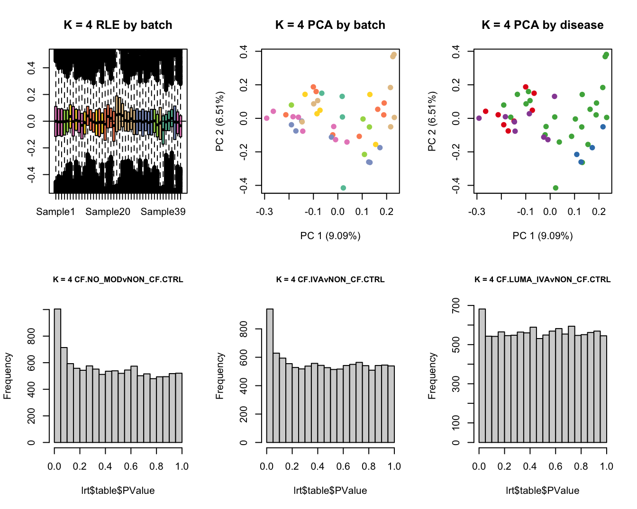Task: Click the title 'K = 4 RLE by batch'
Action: [118, 25]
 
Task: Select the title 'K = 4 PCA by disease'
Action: [543, 25]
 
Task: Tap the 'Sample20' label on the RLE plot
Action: [108, 212]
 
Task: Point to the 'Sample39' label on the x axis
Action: [163, 212]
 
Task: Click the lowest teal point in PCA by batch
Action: [343, 188]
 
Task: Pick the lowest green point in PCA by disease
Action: [555, 188]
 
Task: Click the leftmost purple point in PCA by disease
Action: [479, 118]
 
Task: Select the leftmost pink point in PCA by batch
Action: [267, 118]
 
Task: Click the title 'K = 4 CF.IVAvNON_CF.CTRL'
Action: [330, 280]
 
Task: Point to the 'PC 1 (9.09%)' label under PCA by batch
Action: [330, 236]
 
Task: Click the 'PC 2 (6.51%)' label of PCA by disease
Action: [432, 122]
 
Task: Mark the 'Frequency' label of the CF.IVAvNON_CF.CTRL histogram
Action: [220, 376]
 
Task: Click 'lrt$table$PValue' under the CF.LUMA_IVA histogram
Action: [543, 491]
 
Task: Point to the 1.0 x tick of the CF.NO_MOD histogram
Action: [182, 466]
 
